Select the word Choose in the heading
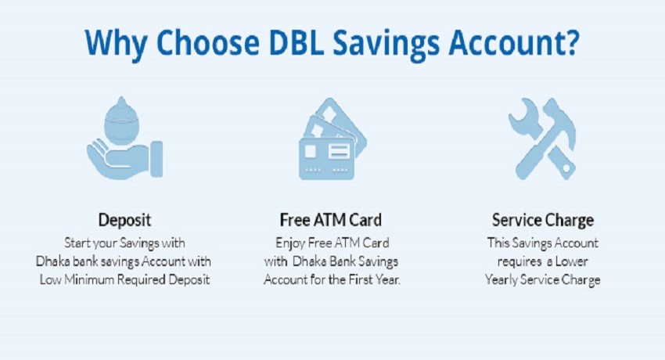[x=208, y=42]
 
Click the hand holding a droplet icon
[x=124, y=138]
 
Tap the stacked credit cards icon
[x=332, y=139]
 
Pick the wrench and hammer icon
[x=542, y=139]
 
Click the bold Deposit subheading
[x=124, y=220]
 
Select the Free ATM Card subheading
[x=331, y=220]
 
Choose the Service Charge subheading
[x=543, y=220]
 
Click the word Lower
[x=572, y=261]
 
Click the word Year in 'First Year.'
[x=387, y=280]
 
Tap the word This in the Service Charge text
[x=498, y=243]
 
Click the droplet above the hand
[x=122, y=121]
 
